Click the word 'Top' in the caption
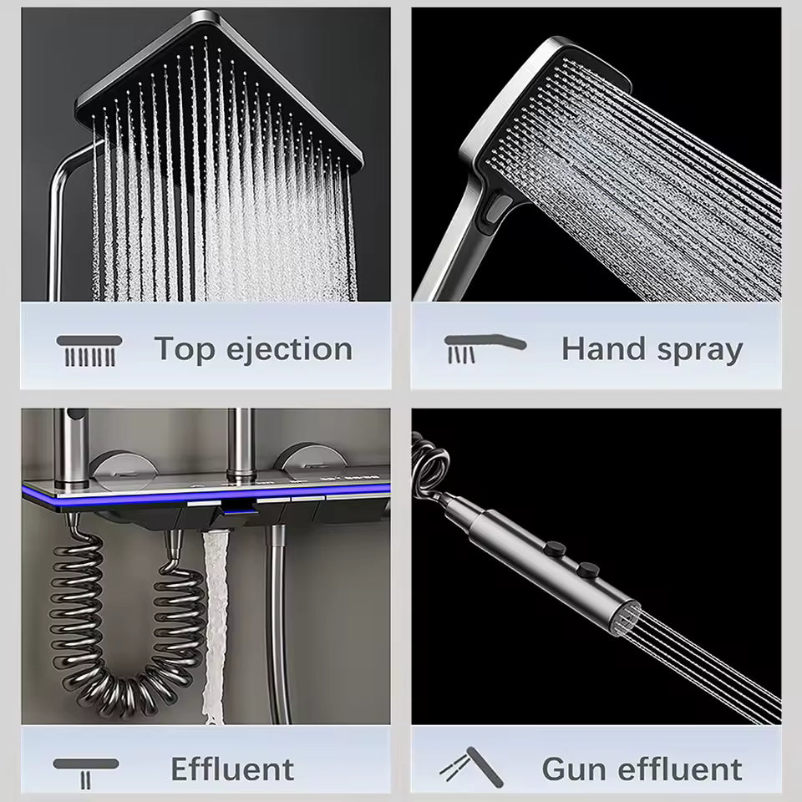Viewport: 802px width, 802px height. (x=184, y=350)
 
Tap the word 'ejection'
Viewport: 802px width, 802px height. (x=289, y=349)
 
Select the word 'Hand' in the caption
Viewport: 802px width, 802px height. (x=602, y=349)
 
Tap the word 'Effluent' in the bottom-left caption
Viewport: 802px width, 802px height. (x=232, y=769)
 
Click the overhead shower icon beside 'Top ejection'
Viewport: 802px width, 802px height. (x=89, y=350)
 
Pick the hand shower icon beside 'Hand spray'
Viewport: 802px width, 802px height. (x=485, y=348)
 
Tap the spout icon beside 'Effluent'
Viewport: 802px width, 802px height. (x=86, y=772)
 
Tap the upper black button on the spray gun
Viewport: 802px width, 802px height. (x=555, y=549)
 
